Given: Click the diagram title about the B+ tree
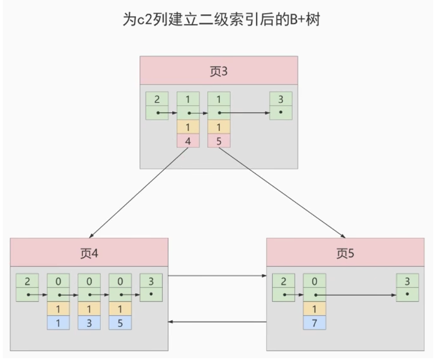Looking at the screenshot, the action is click(221, 20).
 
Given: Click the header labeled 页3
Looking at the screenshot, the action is click(219, 71).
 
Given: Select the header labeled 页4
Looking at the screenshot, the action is click(89, 252).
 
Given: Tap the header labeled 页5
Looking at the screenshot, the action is click(345, 252).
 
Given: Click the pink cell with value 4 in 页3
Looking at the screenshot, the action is click(188, 141).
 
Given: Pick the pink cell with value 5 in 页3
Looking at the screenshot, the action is click(219, 141).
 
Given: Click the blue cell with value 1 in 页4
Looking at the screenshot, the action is click(58, 323).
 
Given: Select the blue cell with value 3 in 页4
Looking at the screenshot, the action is click(89, 323).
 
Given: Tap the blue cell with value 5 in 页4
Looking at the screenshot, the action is click(120, 323).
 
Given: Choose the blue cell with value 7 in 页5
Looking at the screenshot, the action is click(314, 323).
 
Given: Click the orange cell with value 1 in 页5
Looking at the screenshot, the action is click(314, 309).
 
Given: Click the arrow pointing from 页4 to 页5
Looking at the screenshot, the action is click(217, 276).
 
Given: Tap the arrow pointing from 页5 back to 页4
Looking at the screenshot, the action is click(217, 322).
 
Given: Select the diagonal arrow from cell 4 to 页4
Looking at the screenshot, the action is click(139, 193).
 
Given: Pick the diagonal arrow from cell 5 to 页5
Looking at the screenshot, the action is click(282, 193).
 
